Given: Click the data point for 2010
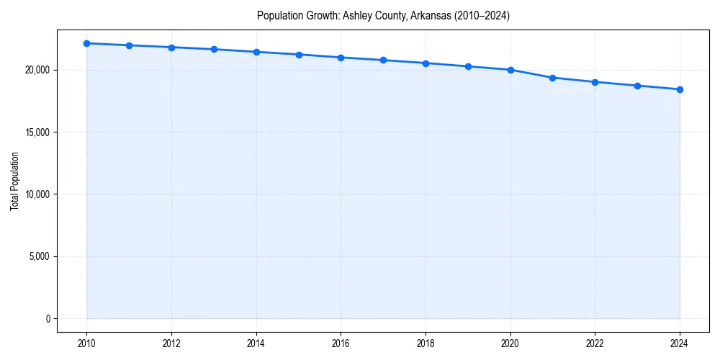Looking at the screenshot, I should pos(86,43).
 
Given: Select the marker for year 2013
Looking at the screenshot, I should pos(214,49).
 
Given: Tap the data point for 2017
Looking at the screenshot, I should pos(383,60).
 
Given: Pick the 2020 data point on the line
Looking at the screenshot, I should pos(510,70).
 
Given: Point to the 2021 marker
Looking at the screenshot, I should pos(552,78).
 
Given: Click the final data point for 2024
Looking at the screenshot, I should pos(680,89).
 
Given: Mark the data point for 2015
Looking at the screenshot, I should pos(299,55).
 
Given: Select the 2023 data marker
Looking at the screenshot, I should pos(637,86).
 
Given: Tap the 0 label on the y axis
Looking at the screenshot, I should pos(47,318).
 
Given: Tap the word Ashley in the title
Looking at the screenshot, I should pos(357,16).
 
